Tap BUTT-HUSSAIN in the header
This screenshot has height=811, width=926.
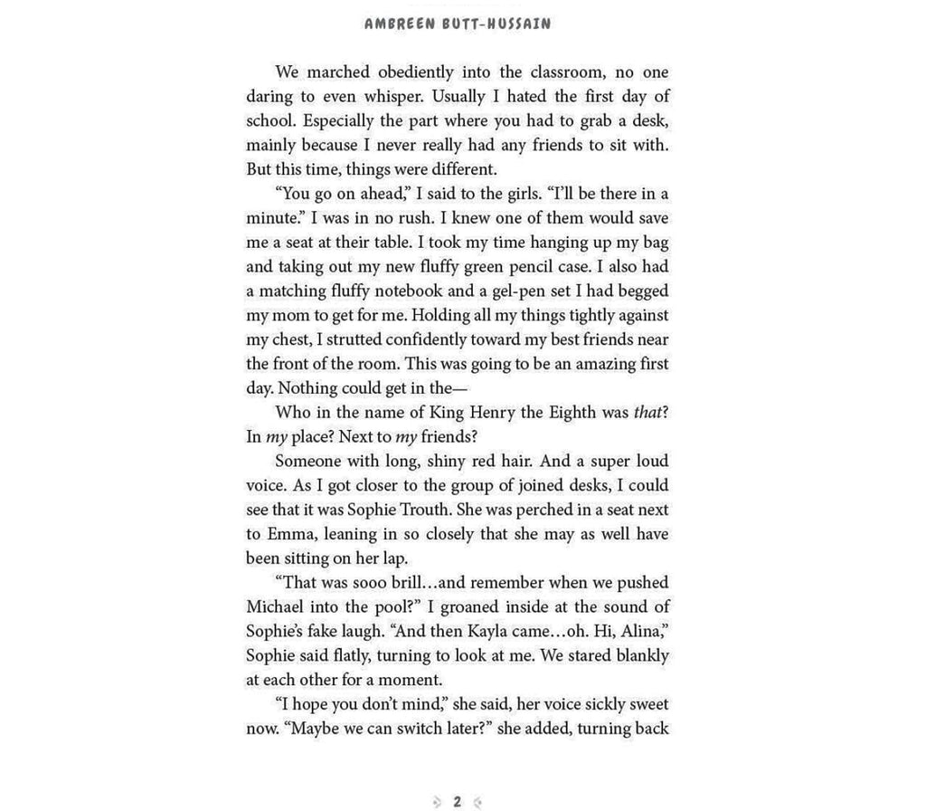coord(498,24)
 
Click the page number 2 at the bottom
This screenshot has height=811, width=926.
coord(458,801)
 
